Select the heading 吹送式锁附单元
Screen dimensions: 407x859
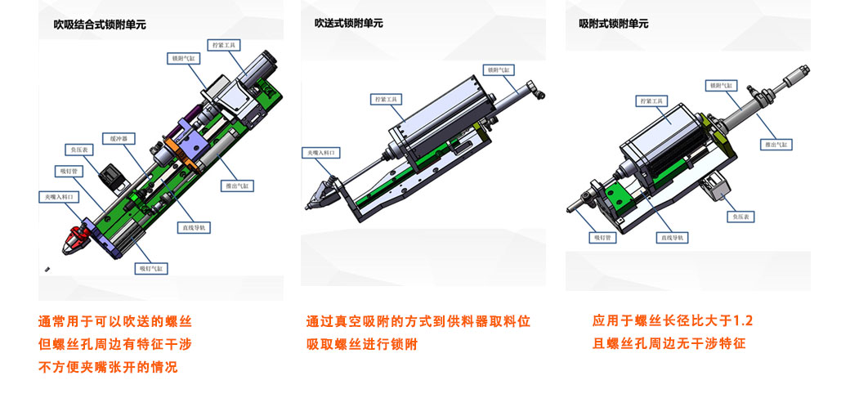pos(349,24)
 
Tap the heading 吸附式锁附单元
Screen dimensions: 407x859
pos(614,24)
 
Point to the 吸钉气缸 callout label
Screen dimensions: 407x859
pos(151,267)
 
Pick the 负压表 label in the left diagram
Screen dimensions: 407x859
pos(80,150)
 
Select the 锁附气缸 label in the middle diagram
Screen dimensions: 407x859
pos(498,70)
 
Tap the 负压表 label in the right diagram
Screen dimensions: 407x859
pos(744,217)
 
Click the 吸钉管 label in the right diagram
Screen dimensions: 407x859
pos(602,238)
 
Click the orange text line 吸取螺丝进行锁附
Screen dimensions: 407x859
pos(361,345)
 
